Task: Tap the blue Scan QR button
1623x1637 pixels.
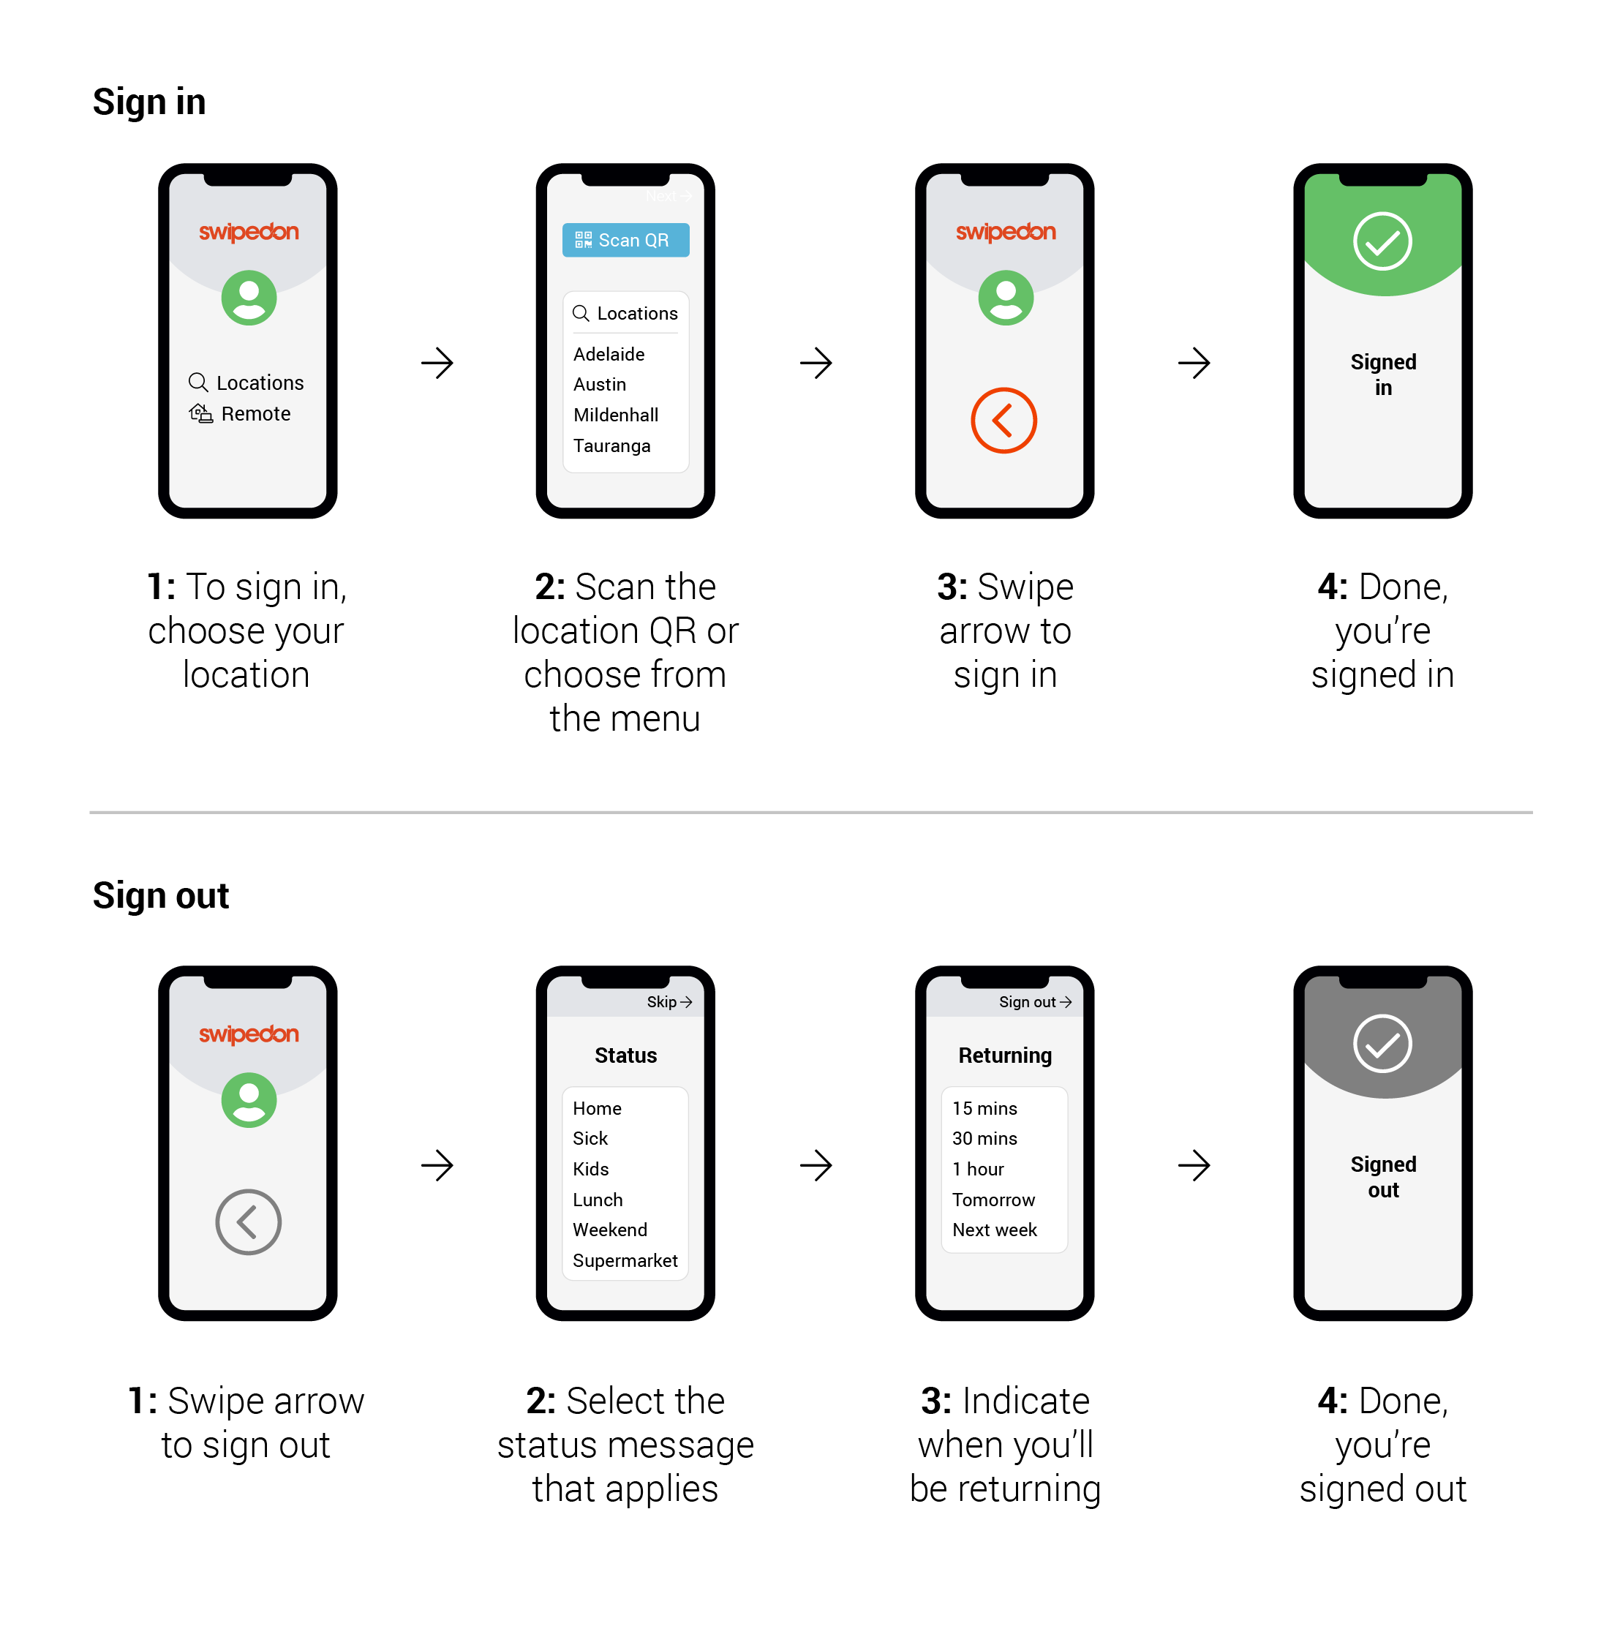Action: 625,240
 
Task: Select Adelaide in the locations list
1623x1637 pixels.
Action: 609,354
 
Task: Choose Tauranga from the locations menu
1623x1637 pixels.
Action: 611,445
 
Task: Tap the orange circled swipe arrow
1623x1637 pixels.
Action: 1003,421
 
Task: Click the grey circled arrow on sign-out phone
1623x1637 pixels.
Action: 248,1222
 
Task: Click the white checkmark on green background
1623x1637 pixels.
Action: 1382,241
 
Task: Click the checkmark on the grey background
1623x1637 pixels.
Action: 1382,1043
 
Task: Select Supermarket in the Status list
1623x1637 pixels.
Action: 625,1260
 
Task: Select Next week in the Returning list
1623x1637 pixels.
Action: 994,1230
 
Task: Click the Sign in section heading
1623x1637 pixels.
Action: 149,102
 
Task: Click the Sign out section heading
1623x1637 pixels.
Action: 161,895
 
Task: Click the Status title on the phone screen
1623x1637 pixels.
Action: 625,1055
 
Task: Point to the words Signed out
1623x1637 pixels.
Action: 1382,1176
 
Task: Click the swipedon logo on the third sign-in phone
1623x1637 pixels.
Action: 1005,231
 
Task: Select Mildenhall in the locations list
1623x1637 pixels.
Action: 615,415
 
